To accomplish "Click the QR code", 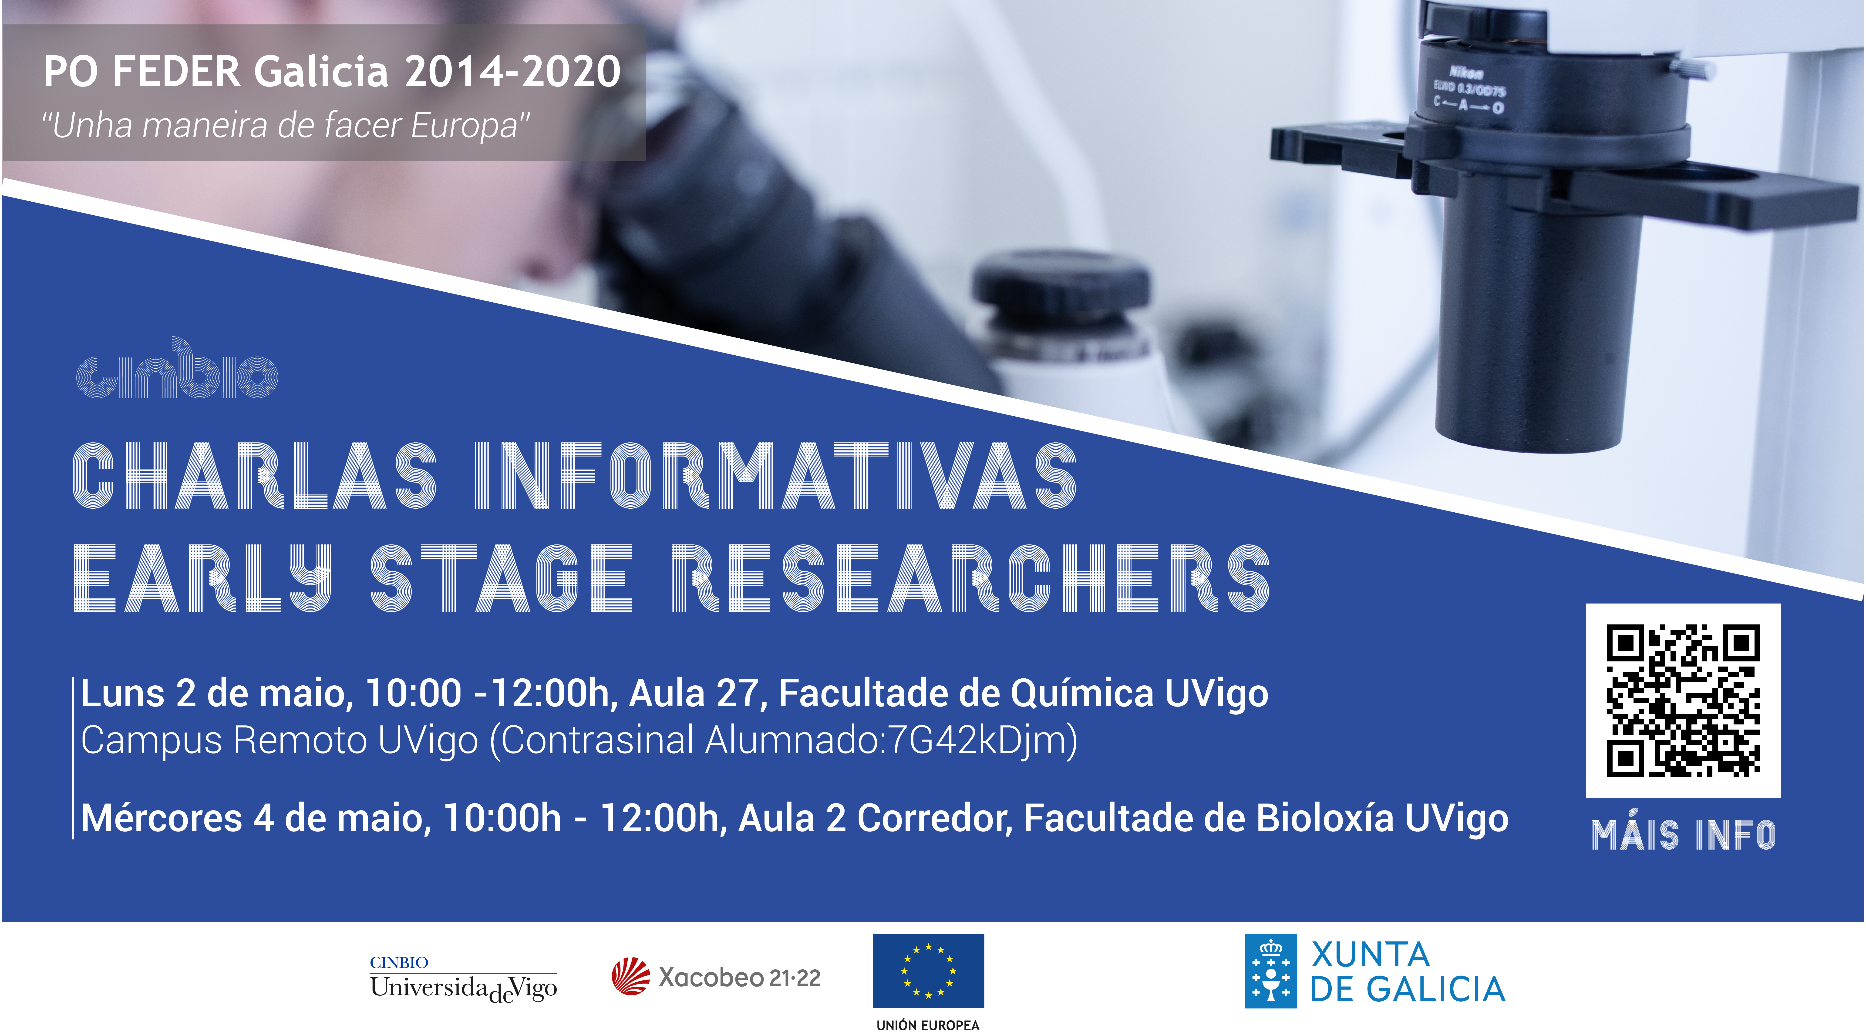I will (x=1683, y=700).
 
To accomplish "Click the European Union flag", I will (x=928, y=970).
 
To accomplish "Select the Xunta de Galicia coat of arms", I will (x=1270, y=971).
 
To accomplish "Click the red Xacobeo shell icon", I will (x=630, y=976).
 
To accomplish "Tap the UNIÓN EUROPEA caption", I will (x=928, y=1025).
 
